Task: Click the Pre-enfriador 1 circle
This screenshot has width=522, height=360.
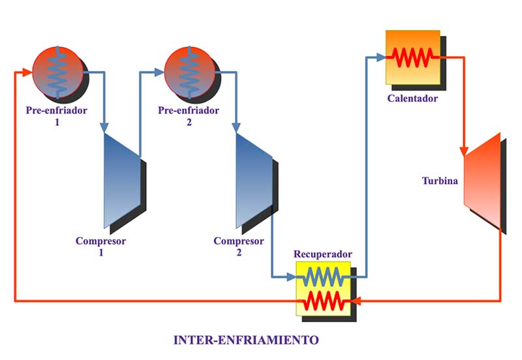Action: [x=57, y=70]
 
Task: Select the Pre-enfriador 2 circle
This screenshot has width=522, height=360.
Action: [x=189, y=70]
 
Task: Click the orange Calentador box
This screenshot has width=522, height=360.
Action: [x=412, y=57]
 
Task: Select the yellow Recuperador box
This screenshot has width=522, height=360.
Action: [x=322, y=289]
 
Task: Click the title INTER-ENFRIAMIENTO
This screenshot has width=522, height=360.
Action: [x=246, y=340]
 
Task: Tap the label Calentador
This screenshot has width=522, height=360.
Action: [x=412, y=99]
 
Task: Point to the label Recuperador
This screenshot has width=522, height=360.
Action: [x=322, y=254]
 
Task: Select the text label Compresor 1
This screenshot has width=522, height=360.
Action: [x=100, y=246]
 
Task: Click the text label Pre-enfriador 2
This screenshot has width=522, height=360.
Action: [x=189, y=115]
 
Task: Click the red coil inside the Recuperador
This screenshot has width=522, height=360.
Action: [x=322, y=301]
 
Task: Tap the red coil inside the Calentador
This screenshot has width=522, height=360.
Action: [x=412, y=57]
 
